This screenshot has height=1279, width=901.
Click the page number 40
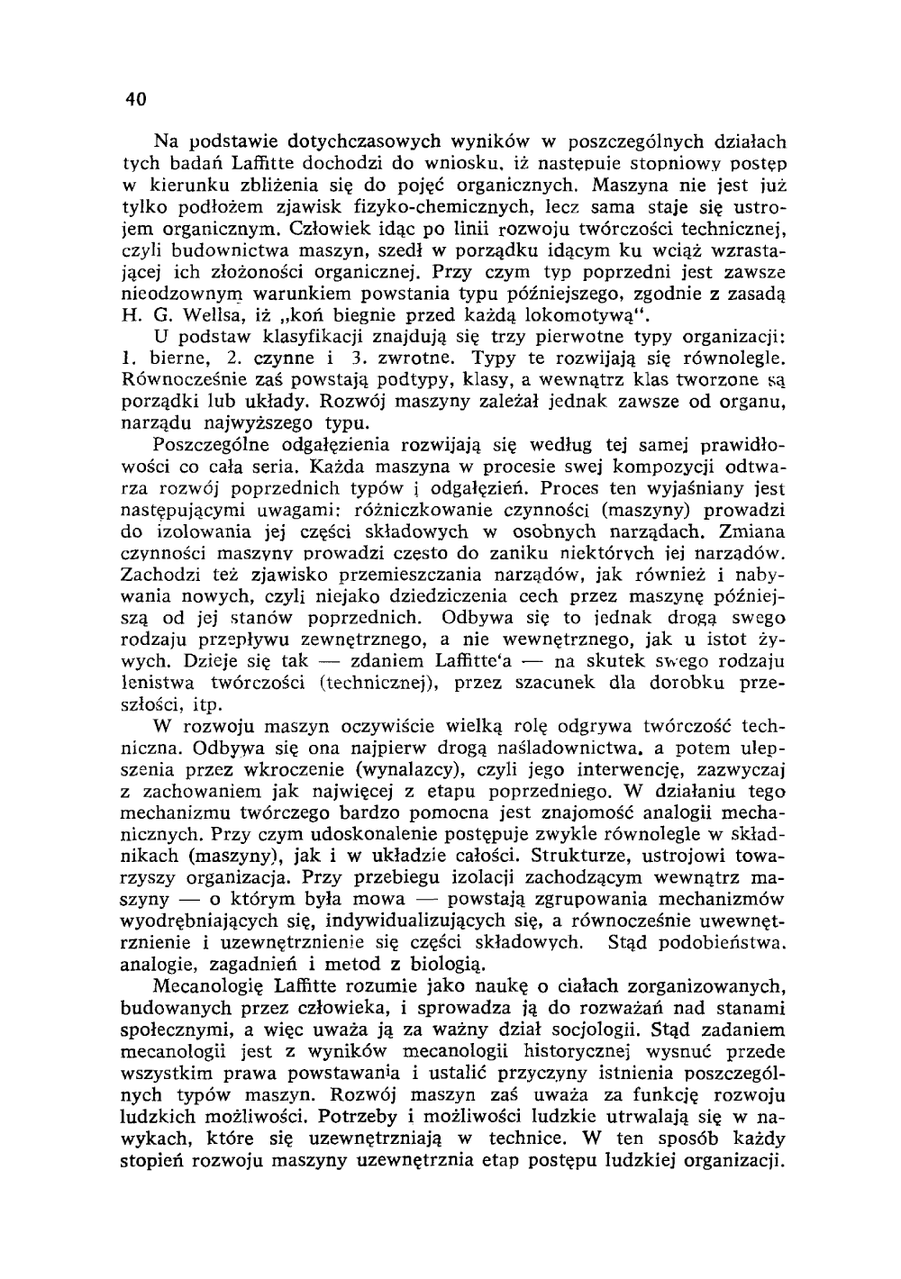[135, 99]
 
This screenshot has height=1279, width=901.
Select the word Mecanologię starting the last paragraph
[209, 986]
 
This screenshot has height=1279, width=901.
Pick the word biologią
[435, 964]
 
